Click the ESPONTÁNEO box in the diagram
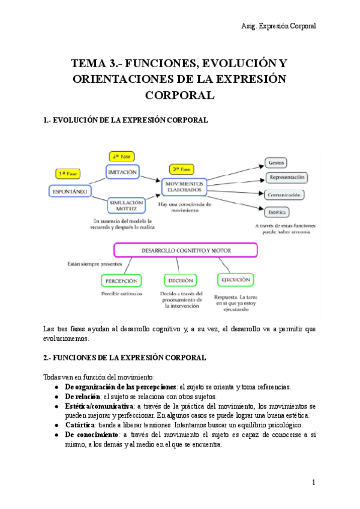[69, 191]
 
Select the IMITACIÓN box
[122, 172]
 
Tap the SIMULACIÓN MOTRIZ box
[126, 206]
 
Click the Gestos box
[276, 163]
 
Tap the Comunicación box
[284, 194]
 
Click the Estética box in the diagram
[276, 211]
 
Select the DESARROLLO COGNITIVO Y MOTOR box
[185, 250]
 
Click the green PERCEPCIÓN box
[120, 280]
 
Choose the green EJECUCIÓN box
[235, 279]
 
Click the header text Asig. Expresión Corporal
[278, 26]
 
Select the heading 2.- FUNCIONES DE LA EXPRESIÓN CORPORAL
[125, 358]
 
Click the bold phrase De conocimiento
[91, 435]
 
